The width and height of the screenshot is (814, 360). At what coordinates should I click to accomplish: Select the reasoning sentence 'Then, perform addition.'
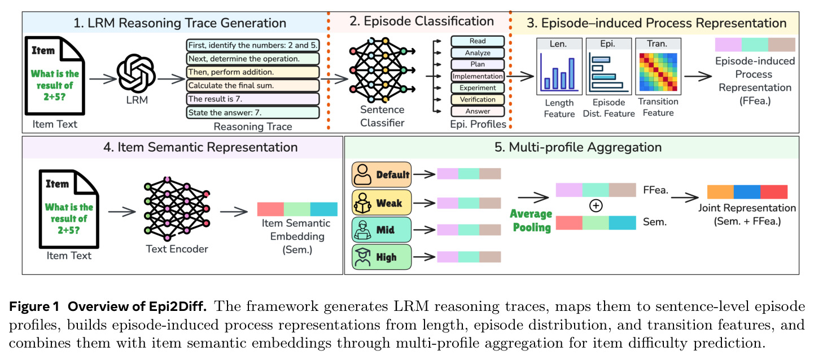tap(252, 72)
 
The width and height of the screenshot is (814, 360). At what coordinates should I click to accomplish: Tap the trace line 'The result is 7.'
tap(252, 99)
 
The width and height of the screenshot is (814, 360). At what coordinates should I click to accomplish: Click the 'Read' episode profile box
tap(478, 41)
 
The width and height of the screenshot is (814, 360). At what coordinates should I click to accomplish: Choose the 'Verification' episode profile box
tap(478, 99)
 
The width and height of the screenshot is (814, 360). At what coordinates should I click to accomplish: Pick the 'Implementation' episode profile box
tap(478, 76)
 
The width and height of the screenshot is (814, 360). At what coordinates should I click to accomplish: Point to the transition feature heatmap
tap(658, 72)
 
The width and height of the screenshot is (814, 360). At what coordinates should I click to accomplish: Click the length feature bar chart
tap(559, 72)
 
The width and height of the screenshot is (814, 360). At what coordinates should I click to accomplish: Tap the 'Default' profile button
tap(382, 174)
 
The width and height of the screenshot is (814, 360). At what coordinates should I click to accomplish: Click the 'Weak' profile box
tap(382, 203)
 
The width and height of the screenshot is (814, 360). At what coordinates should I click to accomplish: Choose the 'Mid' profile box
tap(382, 230)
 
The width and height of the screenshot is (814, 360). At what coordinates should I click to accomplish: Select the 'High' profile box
tap(382, 257)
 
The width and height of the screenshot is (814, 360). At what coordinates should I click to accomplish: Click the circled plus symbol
tap(596, 205)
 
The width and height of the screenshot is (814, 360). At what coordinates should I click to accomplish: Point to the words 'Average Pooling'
tap(531, 221)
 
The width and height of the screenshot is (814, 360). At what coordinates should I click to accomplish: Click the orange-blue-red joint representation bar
tap(747, 192)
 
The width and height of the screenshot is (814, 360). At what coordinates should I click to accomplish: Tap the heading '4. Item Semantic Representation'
tap(200, 147)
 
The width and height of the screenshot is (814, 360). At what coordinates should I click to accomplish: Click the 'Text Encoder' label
tap(177, 249)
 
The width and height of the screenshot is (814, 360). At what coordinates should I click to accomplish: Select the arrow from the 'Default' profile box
tap(424, 174)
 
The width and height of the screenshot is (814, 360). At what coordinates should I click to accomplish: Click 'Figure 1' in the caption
tap(34, 306)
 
